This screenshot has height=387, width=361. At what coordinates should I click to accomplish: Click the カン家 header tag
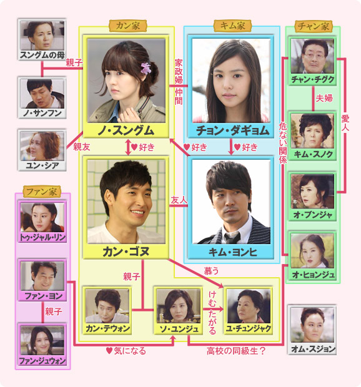[127, 26]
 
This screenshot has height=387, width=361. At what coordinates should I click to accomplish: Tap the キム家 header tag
[232, 26]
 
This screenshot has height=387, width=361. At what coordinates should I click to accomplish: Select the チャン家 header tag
[313, 26]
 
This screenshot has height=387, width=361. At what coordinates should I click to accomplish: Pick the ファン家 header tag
[42, 192]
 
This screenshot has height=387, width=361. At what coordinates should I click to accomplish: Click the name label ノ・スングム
[126, 130]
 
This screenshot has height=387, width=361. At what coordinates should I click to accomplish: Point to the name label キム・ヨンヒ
[232, 252]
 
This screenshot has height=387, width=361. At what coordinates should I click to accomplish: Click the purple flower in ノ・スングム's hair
[146, 68]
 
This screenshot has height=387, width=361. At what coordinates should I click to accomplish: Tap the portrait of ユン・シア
[42, 146]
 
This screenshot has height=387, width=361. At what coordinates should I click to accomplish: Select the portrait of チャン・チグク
[312, 56]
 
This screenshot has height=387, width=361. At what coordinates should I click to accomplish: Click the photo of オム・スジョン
[312, 325]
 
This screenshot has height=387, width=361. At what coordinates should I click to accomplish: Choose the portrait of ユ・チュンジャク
[249, 306]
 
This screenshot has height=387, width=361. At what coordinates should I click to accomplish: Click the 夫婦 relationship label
[324, 98]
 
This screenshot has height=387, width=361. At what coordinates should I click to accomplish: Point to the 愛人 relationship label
[345, 123]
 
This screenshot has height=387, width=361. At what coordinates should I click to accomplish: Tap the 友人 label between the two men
[179, 200]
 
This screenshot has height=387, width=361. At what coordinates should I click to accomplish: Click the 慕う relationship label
[211, 271]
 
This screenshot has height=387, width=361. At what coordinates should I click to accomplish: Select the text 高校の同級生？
[236, 351]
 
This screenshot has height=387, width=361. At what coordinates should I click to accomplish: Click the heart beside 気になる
[109, 350]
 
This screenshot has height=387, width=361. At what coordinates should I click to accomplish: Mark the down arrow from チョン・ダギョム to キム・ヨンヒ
[231, 147]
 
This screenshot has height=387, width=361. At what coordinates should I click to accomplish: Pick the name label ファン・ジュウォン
[42, 361]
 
